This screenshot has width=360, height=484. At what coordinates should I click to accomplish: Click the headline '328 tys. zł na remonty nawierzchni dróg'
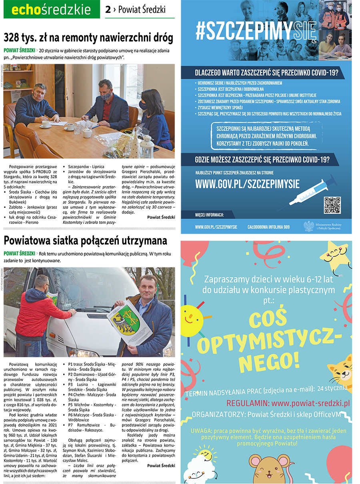88,38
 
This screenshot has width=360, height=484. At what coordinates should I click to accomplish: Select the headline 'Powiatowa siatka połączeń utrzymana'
85,241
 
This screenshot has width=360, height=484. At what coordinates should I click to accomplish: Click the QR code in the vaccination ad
332,205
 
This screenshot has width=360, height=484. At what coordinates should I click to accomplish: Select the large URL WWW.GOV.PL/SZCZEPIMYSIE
247,184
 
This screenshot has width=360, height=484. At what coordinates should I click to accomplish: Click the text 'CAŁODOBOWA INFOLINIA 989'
268,227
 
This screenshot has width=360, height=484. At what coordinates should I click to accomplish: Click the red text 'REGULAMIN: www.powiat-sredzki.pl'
288,403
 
